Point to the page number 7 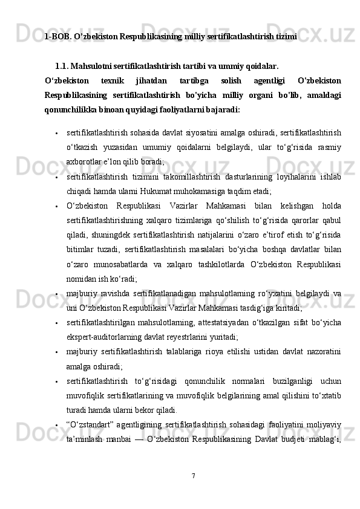pos(193,475)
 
